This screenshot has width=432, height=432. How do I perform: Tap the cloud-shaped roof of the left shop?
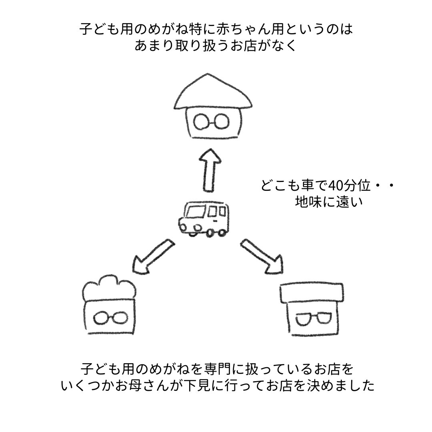pyautogui.click(x=108, y=288)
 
